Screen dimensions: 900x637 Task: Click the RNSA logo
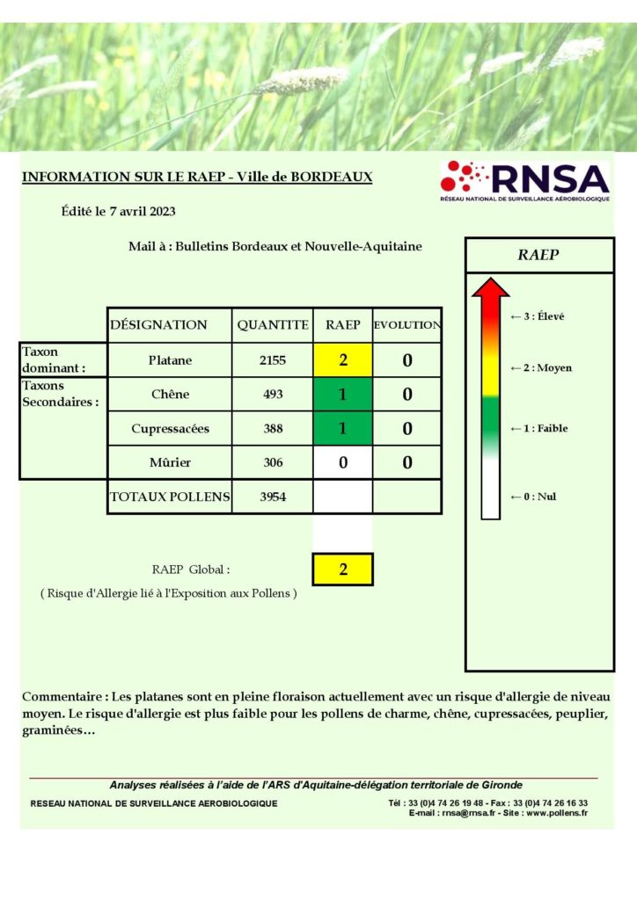524,181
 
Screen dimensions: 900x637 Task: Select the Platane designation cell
170,359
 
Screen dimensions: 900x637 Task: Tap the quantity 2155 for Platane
273,359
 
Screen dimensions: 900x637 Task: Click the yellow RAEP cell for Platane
342,359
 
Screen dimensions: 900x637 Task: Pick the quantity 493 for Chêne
273,394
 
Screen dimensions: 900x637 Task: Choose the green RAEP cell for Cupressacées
342,428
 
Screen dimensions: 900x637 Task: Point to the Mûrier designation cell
170,462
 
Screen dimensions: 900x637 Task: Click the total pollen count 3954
273,497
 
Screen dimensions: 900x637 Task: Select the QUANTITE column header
273,324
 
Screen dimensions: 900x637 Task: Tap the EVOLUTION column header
406,325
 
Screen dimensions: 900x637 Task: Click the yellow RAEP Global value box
342,569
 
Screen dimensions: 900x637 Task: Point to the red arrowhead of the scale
490,288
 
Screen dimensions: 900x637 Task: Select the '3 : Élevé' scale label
538,316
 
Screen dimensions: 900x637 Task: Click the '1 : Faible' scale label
539,428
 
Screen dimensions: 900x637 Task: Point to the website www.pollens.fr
558,813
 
